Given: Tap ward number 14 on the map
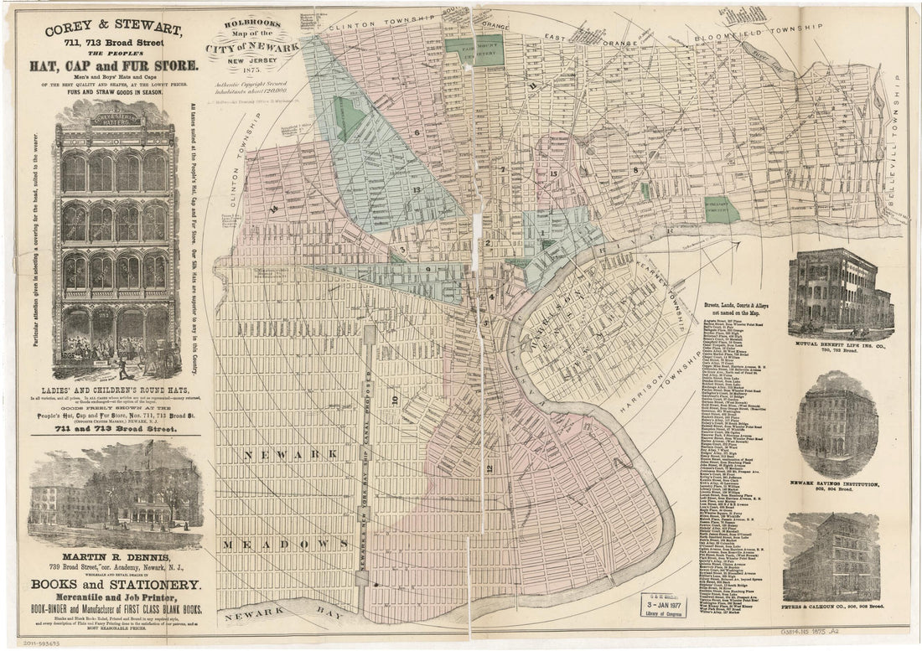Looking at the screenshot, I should [x=275, y=209].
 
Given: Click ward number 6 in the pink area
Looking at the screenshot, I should [x=414, y=132].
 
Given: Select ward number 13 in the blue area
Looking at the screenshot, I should [x=417, y=190].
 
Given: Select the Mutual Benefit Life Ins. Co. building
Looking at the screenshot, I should [x=840, y=289].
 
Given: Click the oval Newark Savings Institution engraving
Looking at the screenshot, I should [x=837, y=425].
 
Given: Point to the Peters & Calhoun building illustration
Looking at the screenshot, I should [x=831, y=557].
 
